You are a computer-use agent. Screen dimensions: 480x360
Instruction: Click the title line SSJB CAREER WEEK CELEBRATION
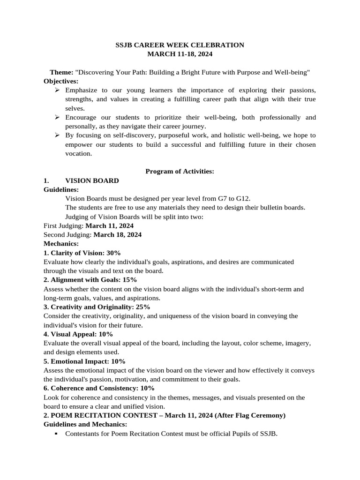point(180,45)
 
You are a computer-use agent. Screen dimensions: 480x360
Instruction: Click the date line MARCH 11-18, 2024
point(180,54)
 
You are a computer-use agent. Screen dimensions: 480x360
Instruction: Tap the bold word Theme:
point(61,72)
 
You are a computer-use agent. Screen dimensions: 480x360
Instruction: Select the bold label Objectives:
point(60,81)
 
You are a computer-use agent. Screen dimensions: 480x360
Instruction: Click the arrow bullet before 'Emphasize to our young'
point(57,90)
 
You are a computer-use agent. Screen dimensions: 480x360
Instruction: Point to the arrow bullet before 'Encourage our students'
point(57,117)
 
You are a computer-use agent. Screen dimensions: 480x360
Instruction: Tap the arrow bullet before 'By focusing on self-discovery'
point(57,135)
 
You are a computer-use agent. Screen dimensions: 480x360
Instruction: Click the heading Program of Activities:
point(180,172)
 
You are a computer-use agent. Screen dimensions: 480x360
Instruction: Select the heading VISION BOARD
point(92,180)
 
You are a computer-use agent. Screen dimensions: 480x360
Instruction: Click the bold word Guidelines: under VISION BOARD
point(61,189)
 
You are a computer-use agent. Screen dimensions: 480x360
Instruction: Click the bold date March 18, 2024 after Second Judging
point(117,234)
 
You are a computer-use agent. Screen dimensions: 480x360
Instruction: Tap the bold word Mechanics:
point(61,244)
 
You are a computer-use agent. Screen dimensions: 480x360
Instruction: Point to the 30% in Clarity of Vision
point(113,253)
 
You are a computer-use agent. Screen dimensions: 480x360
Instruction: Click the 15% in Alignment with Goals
point(123,280)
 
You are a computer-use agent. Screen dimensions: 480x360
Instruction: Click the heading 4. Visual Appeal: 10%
point(78,334)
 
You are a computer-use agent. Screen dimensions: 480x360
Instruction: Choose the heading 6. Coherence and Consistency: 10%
point(99,388)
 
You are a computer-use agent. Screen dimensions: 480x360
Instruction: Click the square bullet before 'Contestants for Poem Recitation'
point(56,434)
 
